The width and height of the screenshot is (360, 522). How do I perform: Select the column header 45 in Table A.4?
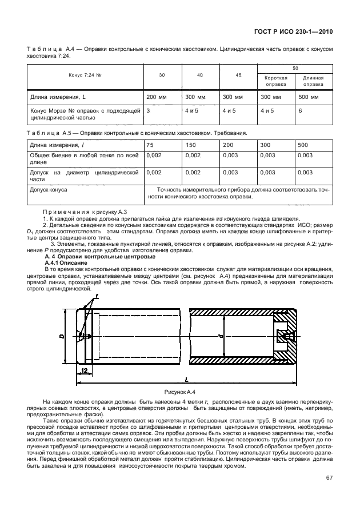238,75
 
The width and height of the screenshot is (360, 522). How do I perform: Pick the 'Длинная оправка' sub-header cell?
313,81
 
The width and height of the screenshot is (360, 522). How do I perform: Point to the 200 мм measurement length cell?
155,97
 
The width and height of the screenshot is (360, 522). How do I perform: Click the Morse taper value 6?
300,110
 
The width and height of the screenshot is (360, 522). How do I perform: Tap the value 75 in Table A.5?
150,145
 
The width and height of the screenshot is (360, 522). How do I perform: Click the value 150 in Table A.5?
191,145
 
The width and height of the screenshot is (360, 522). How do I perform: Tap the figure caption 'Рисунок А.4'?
179,392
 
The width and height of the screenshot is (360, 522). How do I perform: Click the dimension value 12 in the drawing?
84,370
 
